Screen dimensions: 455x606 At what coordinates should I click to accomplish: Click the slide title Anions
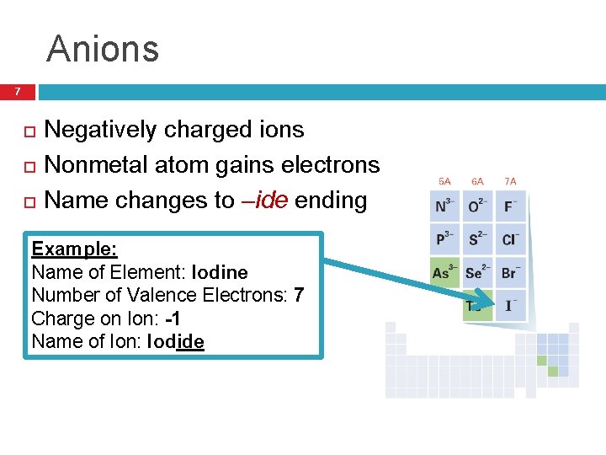point(103,49)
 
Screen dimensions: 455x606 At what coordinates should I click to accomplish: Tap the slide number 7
point(17,91)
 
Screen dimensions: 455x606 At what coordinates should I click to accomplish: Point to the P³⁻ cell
point(444,239)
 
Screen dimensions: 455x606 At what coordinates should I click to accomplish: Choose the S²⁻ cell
point(477,239)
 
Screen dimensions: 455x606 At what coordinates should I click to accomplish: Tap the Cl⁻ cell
point(510,239)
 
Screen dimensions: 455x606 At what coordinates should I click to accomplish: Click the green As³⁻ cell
point(444,272)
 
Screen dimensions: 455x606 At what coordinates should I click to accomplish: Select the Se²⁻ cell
point(477,272)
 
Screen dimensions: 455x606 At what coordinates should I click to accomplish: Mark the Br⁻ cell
point(510,272)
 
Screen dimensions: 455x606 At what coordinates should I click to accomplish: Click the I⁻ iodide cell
point(510,304)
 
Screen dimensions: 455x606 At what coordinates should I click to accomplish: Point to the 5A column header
point(444,181)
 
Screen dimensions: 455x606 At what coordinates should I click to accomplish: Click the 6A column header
point(477,181)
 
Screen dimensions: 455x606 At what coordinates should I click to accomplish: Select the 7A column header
point(510,181)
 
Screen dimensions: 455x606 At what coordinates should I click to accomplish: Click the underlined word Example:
point(74,249)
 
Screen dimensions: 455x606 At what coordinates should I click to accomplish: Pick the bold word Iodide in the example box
point(175,341)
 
